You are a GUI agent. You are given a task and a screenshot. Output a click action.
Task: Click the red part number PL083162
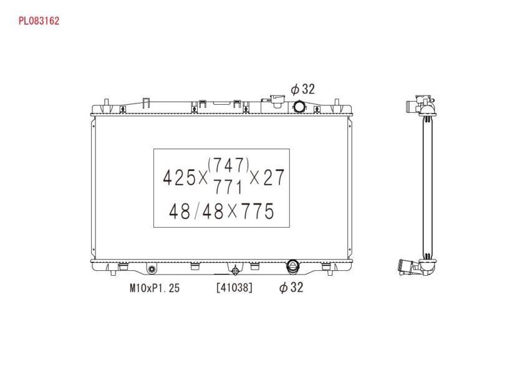pyautogui.click(x=39, y=21)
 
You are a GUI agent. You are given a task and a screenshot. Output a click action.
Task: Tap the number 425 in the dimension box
pyautogui.click(x=179, y=178)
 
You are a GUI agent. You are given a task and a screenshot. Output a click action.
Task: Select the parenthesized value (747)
pyautogui.click(x=229, y=165)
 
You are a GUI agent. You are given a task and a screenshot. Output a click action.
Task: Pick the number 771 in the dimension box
pyautogui.click(x=228, y=187)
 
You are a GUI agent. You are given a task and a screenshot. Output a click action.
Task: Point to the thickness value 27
pyautogui.click(x=274, y=178)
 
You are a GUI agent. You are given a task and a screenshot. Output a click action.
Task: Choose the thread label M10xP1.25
pyautogui.click(x=155, y=288)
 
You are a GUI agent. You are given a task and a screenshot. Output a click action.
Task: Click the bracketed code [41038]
pyautogui.click(x=234, y=288)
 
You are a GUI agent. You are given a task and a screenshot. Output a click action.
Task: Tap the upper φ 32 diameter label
pyautogui.click(x=303, y=89)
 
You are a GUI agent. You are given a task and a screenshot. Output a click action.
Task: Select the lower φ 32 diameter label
pyautogui.click(x=291, y=288)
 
